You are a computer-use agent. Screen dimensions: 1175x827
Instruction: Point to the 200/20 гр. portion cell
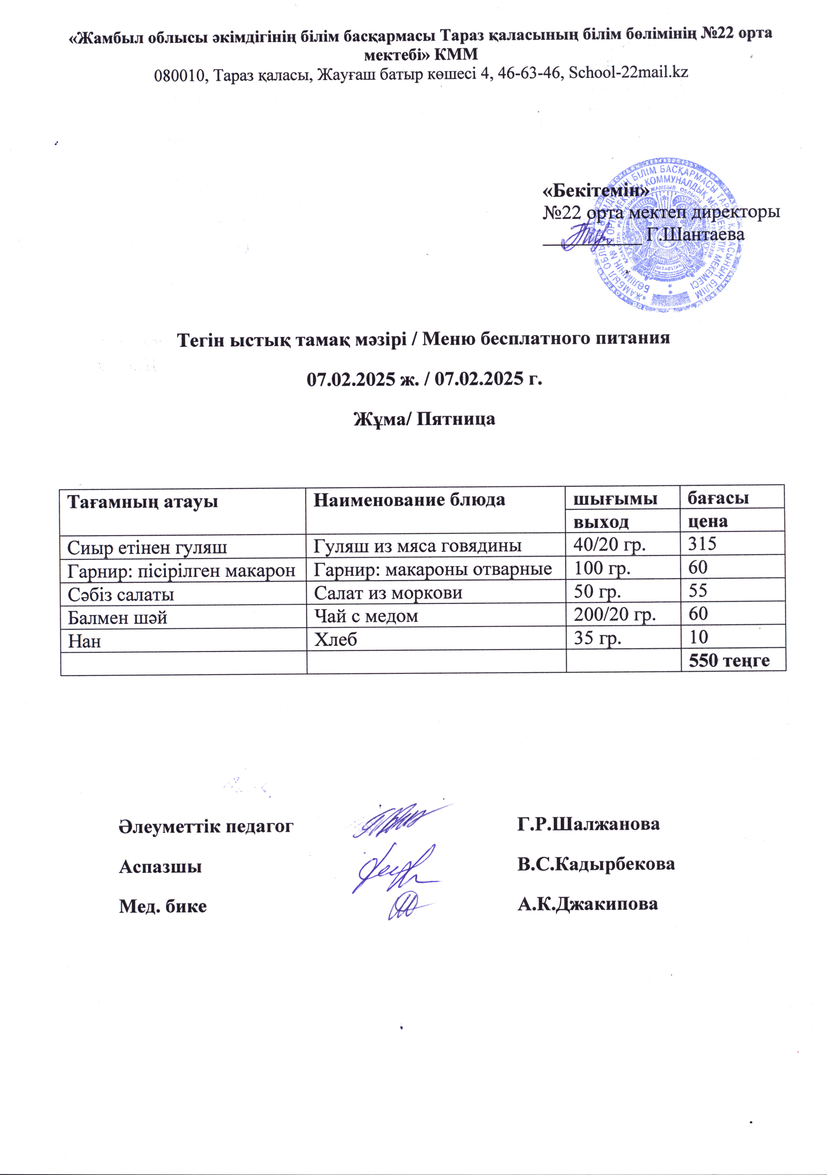[614, 614]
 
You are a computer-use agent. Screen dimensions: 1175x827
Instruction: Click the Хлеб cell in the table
[335, 639]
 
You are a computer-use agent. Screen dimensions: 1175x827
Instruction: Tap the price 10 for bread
[698, 637]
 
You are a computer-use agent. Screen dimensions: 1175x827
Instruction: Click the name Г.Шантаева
[695, 235]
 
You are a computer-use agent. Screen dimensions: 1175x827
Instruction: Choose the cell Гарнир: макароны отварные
[433, 569]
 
